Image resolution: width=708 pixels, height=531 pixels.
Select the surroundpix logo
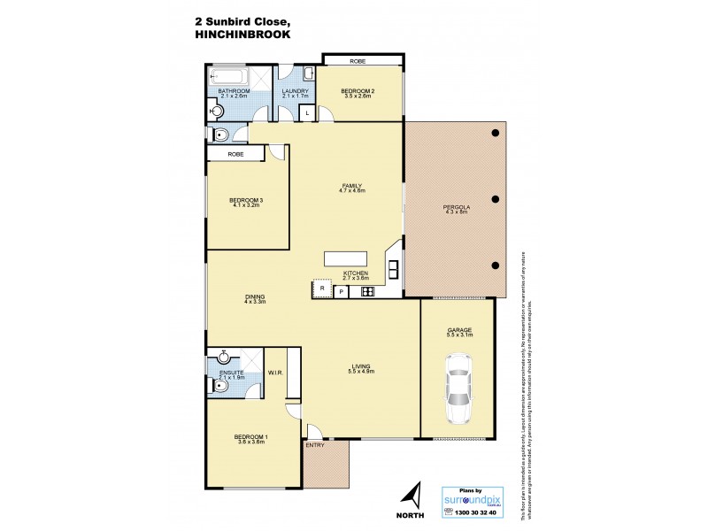pos(478,501)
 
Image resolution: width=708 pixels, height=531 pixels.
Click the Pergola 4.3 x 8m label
pos(457,211)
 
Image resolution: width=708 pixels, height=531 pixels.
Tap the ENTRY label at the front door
pos(314,445)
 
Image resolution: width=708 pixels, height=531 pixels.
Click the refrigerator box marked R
pos(322,289)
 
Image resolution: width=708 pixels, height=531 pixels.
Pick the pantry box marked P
pos(340,290)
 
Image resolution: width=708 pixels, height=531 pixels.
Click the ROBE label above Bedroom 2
pos(358,61)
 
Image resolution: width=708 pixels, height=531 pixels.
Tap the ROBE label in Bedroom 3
pos(235,154)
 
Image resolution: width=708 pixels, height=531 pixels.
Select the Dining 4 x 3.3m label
pos(255,299)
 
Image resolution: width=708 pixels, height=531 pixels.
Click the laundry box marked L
pos(306,113)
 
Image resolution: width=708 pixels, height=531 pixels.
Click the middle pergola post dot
pos(496,199)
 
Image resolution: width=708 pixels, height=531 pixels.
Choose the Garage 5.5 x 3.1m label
pos(459,334)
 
